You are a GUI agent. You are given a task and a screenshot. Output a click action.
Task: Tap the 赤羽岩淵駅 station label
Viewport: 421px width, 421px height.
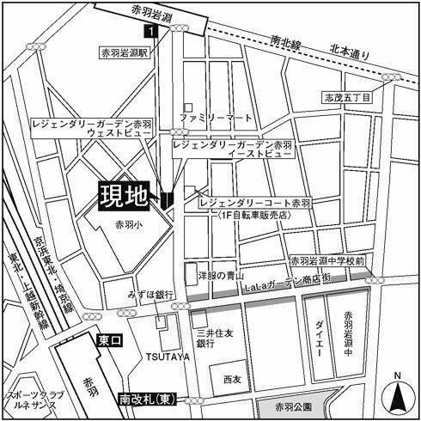[125, 52]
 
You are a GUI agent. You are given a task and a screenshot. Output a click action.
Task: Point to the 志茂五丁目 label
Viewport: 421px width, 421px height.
[347, 98]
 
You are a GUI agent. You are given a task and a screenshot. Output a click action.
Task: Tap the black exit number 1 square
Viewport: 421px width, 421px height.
[151, 32]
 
